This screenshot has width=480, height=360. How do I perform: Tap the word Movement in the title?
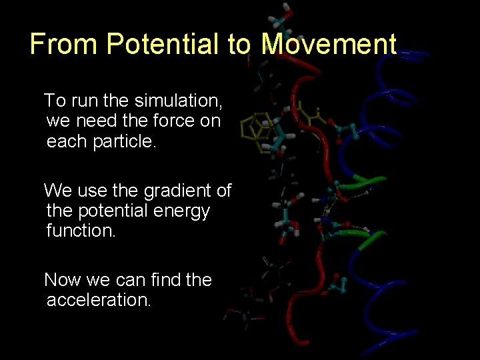coord(329,45)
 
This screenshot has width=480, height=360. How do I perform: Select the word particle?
coord(123,142)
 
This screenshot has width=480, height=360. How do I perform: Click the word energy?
coord(182,211)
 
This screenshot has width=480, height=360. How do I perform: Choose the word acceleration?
coord(99,300)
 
